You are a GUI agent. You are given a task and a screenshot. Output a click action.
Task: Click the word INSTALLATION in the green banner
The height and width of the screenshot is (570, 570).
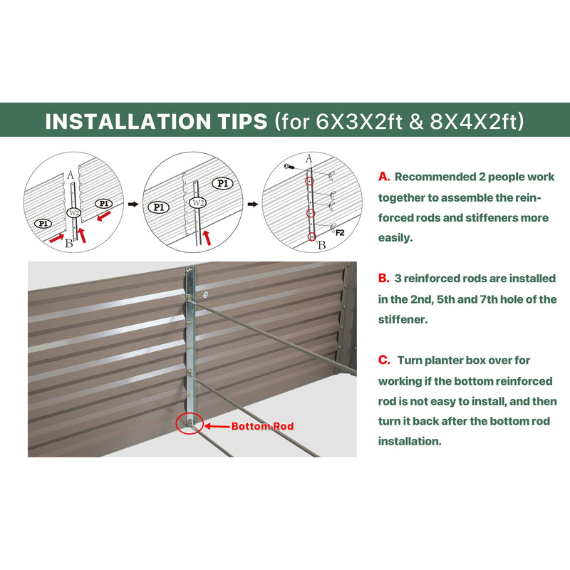[128, 121]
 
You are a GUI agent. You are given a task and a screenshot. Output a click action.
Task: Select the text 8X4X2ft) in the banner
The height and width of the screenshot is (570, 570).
[477, 121]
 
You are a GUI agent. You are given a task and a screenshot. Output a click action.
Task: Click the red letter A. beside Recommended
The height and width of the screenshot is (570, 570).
[384, 177]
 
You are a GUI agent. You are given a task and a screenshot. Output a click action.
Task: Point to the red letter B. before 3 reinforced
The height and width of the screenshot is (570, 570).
[384, 278]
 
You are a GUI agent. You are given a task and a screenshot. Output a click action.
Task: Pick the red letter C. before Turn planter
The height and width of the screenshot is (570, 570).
[384, 360]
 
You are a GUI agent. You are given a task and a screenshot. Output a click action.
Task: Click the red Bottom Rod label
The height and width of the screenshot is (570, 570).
[262, 426]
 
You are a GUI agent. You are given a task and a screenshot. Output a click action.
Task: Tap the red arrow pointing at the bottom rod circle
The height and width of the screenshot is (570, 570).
[217, 426]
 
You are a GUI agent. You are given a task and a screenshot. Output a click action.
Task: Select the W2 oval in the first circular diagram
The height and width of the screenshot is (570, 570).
[74, 212]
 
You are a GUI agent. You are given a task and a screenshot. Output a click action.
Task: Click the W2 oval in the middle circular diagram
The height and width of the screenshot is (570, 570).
[198, 202]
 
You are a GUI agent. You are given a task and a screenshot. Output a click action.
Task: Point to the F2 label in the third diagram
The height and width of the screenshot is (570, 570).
[340, 233]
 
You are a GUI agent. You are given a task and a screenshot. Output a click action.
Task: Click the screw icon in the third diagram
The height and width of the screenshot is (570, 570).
[289, 167]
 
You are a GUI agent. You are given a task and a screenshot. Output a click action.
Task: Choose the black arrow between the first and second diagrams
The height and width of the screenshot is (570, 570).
[133, 204]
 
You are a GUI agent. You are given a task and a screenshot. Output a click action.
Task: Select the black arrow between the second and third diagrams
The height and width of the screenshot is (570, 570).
[253, 204]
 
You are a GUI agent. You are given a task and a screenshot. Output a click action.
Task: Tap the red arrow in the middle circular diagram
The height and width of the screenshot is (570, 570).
[207, 237]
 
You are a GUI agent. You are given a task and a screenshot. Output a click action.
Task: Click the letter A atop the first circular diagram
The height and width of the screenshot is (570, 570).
[71, 175]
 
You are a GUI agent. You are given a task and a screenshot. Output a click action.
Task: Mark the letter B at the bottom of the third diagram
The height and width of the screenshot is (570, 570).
[322, 245]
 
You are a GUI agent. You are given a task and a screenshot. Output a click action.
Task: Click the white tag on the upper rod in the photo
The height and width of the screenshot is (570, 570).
[206, 295]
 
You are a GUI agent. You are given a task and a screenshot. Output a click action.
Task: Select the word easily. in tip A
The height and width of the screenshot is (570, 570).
[395, 238]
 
